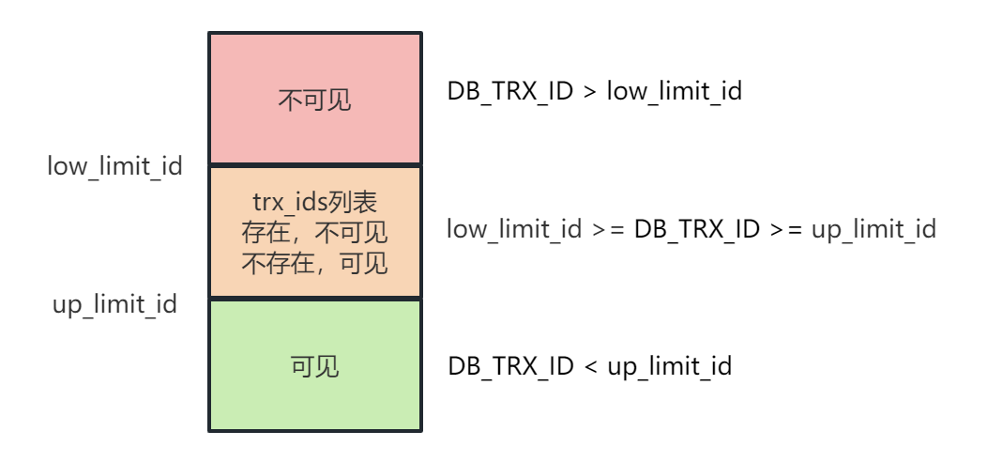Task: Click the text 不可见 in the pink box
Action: [x=314, y=100]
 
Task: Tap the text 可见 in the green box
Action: [x=314, y=366]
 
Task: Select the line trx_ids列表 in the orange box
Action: [x=314, y=202]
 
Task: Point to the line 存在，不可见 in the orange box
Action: [x=314, y=232]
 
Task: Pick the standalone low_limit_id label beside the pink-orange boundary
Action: [x=114, y=167]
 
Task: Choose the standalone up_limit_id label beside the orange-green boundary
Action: [x=114, y=305]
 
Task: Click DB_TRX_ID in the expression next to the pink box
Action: [x=510, y=92]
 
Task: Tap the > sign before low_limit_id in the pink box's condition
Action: [x=589, y=92]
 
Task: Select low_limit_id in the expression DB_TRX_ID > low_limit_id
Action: [x=675, y=92]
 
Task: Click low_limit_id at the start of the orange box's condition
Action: [x=514, y=229]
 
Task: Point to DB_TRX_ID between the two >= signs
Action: [x=697, y=229]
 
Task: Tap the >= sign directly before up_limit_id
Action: [x=786, y=229]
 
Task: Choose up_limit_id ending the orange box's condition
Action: [x=873, y=229]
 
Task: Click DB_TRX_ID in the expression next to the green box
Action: [x=510, y=366]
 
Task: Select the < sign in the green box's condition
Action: [x=589, y=366]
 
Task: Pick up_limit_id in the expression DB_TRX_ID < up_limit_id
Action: [x=669, y=366]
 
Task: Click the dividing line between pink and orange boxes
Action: [x=314, y=166]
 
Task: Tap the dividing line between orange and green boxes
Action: [x=314, y=299]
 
